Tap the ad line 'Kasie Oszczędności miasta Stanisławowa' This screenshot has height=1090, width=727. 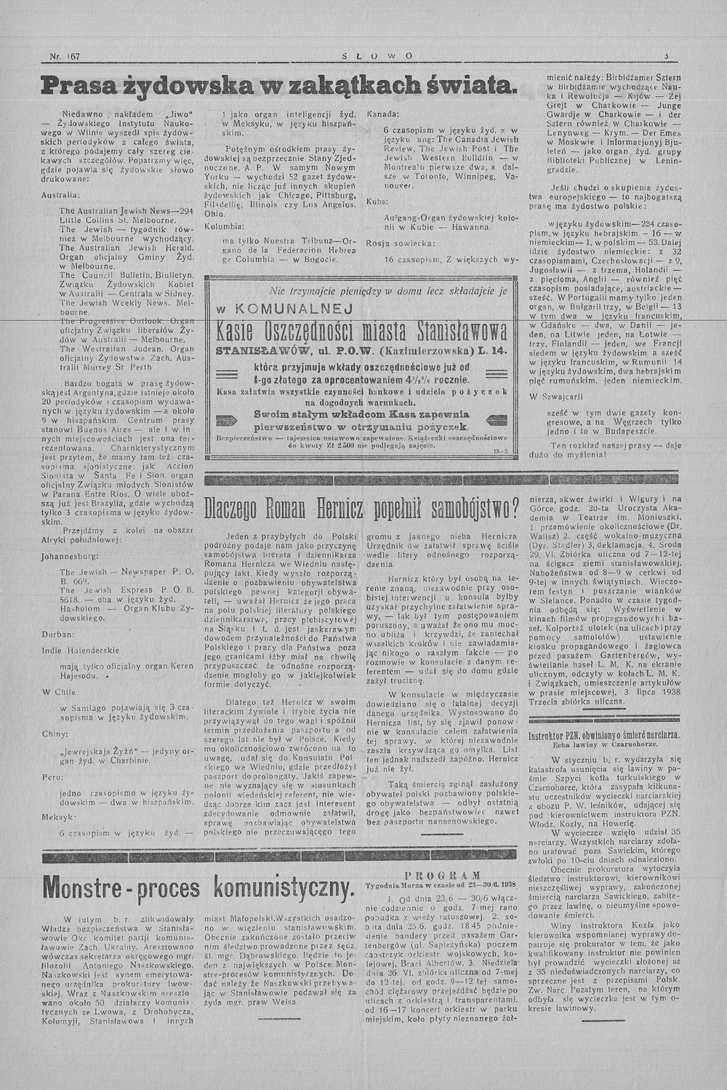(x=356, y=331)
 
